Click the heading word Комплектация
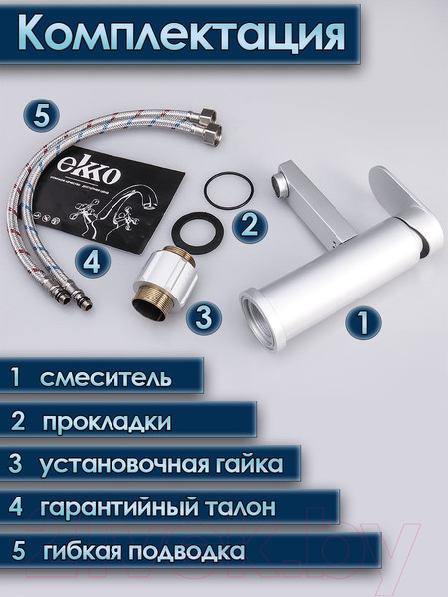[182, 32]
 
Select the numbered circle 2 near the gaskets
[250, 223]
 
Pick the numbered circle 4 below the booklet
[93, 262]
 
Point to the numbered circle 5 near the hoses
[39, 114]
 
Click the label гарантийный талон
[157, 507]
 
